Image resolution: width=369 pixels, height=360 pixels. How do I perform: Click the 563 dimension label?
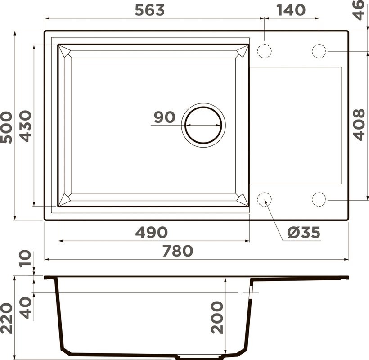click(x=150, y=10)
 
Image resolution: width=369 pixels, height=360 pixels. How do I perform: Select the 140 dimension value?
click(x=291, y=10)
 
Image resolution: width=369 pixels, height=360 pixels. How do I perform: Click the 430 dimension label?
click(x=25, y=126)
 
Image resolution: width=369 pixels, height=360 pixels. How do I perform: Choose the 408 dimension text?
click(x=359, y=125)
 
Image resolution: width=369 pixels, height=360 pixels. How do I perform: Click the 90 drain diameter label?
click(x=164, y=117)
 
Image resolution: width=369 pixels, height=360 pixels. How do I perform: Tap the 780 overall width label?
click(x=177, y=251)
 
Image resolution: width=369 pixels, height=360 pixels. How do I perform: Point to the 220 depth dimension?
click(x=6, y=318)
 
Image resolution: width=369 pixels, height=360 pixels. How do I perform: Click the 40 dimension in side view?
click(x=26, y=307)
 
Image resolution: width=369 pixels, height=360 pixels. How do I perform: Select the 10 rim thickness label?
click(x=26, y=259)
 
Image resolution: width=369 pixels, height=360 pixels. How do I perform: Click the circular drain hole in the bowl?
click(x=203, y=125)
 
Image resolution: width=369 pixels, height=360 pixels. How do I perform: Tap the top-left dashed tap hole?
click(x=265, y=51)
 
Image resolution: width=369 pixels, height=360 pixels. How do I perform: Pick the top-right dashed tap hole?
click(x=319, y=51)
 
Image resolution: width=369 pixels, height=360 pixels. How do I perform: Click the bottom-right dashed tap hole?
click(x=319, y=199)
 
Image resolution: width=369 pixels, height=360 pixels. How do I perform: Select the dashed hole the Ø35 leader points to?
click(x=265, y=199)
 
